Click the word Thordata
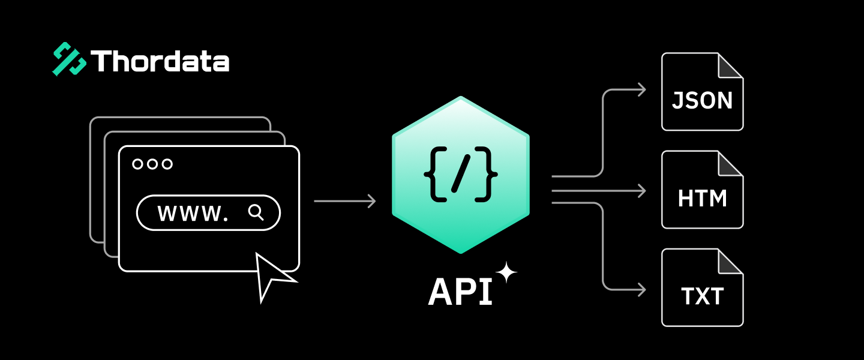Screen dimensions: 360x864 point(160,61)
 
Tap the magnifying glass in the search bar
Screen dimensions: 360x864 point(256,212)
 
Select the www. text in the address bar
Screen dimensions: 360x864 point(193,213)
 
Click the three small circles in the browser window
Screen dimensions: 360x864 point(152,164)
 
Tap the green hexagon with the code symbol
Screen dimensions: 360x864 point(461,175)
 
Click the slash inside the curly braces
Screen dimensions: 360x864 point(460,175)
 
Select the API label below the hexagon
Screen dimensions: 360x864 point(460,292)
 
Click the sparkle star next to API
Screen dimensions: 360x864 point(506,272)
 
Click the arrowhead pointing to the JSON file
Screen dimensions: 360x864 point(641,90)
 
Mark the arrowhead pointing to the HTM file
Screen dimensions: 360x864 point(641,191)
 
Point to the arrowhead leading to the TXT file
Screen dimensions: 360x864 point(641,290)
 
